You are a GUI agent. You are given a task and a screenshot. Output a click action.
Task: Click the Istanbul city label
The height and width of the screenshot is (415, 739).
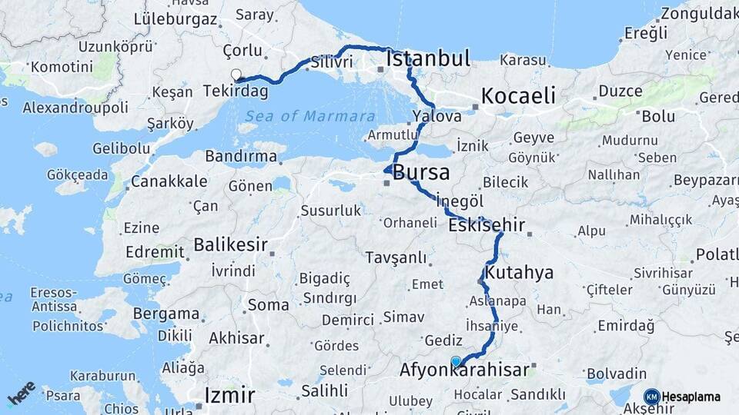click(x=428, y=58)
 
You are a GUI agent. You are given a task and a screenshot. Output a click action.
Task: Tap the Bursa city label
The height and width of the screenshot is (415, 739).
click(x=421, y=172)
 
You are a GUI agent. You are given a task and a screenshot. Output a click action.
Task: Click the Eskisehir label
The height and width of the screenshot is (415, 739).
click(x=487, y=226)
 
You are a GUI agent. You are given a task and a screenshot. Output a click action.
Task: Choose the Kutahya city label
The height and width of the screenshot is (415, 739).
click(x=520, y=273)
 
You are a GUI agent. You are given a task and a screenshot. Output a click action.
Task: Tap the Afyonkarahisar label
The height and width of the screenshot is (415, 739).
click(x=464, y=370)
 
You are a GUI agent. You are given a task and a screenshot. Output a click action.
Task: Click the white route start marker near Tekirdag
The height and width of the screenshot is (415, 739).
click(x=236, y=75)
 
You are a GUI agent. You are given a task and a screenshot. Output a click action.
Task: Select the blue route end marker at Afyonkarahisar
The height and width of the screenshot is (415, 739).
click(x=456, y=361)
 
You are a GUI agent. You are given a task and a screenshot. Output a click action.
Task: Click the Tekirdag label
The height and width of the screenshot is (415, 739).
click(x=236, y=91)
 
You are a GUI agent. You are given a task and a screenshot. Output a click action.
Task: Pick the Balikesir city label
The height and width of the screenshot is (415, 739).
click(x=230, y=245)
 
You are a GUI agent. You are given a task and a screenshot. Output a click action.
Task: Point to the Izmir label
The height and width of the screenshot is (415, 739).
click(x=229, y=396)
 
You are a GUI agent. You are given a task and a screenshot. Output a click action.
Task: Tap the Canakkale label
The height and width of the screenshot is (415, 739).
click(x=169, y=181)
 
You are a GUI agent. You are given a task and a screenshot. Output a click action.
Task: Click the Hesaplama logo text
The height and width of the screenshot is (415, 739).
click(x=691, y=397)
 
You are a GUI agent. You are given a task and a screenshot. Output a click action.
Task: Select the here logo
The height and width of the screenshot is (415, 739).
click(x=21, y=393)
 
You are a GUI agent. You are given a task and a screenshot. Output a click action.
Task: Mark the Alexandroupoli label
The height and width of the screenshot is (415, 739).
click(x=75, y=108)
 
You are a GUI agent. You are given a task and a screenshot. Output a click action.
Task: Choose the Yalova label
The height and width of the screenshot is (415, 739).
click(x=436, y=116)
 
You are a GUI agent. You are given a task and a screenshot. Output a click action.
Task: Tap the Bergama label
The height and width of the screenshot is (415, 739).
click(x=166, y=314)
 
